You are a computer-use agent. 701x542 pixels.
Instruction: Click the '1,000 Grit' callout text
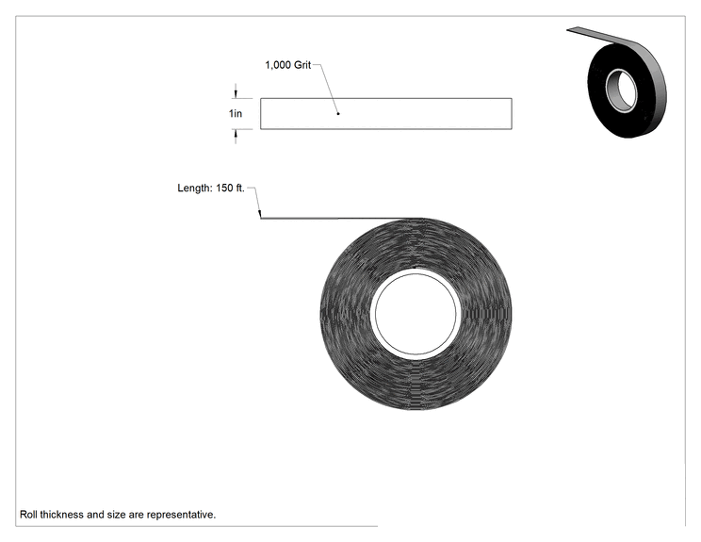pos(288,65)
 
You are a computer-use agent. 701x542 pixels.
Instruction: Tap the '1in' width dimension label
pos(236,114)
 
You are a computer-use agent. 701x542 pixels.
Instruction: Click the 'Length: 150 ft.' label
pos(211,188)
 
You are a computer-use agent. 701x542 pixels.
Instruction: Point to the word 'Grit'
pos(302,65)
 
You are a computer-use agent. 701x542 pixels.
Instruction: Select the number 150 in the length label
pos(224,188)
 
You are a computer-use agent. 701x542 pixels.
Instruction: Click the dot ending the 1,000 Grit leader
pos(338,114)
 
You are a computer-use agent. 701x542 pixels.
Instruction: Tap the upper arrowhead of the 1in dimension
pos(236,94)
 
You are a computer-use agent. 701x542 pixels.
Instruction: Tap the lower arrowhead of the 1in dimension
pos(236,133)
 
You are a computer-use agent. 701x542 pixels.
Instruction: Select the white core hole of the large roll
pos(416,314)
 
